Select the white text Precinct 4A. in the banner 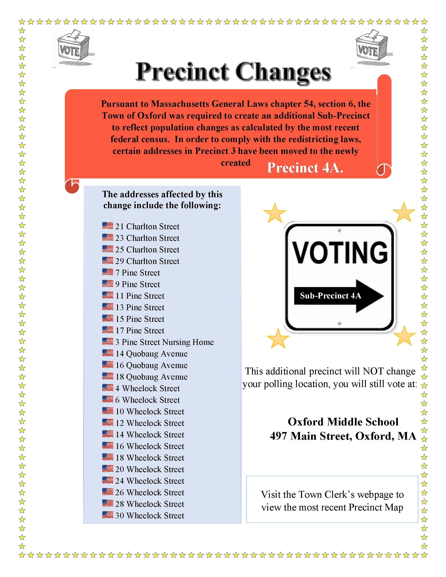(305, 168)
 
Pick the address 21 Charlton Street (147, 226)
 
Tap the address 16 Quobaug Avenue (151, 365)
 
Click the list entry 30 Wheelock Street (150, 515)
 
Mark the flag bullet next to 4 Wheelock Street (108, 388)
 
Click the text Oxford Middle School (343, 422)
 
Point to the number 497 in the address (278, 436)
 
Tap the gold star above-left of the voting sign (275, 213)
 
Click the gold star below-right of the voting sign (404, 336)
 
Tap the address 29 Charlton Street (147, 261)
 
